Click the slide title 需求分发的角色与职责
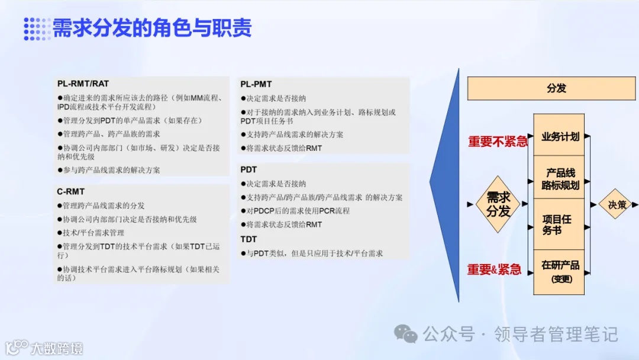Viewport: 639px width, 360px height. coord(152,28)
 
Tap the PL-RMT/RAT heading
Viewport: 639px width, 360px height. coord(83,83)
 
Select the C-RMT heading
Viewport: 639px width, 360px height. coord(70,191)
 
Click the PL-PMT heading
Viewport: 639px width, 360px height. coord(256,84)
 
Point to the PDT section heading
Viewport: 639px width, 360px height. coord(248,170)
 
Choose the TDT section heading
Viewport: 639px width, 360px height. coord(248,239)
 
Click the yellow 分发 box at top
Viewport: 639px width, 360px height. coord(556,88)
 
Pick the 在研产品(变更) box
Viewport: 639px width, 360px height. coord(560,271)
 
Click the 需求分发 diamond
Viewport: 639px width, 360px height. coord(498,204)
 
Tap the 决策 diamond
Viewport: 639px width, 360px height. coord(617,204)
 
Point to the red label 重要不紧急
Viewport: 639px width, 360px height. coord(497,142)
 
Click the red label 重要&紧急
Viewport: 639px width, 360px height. coord(494,270)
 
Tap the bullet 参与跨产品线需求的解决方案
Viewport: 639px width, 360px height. coord(111,170)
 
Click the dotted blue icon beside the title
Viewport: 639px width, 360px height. coord(37,28)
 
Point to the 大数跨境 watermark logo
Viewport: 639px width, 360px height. coord(44,348)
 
